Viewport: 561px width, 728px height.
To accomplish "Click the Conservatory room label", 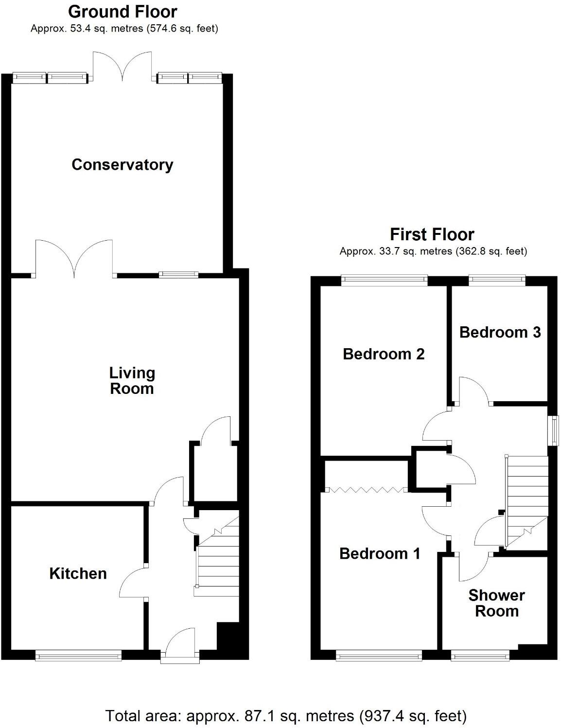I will click(x=122, y=165).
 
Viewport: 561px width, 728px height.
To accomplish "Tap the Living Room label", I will click(x=132, y=381).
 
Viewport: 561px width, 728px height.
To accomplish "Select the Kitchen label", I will click(x=78, y=573).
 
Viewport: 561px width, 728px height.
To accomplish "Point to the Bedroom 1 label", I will click(x=380, y=553).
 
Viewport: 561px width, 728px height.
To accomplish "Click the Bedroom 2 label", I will click(x=384, y=354).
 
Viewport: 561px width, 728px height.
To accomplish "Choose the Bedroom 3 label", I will click(x=500, y=332).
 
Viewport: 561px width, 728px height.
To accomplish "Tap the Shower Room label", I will click(x=496, y=603).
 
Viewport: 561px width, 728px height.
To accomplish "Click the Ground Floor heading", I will click(x=123, y=11).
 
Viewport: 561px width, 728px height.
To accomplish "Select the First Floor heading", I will click(x=432, y=234).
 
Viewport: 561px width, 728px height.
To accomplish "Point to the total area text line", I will click(x=286, y=716).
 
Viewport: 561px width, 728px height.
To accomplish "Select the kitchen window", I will click(x=78, y=657).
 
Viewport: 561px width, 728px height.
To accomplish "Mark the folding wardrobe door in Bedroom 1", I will click(x=366, y=489).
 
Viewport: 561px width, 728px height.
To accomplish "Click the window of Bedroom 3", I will click(x=497, y=280).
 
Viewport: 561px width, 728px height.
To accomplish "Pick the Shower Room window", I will click(x=480, y=657).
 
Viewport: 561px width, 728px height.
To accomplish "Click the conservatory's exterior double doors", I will click(x=124, y=66).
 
